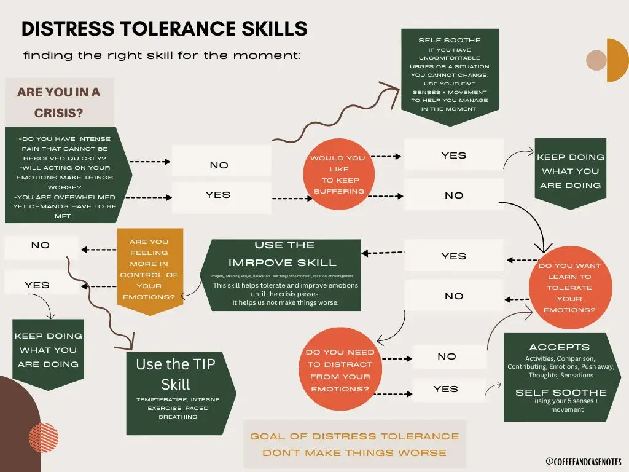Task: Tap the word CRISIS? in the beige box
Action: [x=58, y=114]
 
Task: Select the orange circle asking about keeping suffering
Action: [x=338, y=175]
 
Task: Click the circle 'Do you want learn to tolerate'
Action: [x=570, y=288]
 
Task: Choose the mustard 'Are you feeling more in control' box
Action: [x=150, y=269]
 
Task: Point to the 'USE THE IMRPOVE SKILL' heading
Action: [x=285, y=254]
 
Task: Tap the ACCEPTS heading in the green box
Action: [x=559, y=347]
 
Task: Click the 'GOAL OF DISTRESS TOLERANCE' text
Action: [x=354, y=436]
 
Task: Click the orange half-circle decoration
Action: [x=617, y=60]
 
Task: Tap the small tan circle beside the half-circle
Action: [x=596, y=60]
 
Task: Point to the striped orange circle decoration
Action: [x=43, y=438]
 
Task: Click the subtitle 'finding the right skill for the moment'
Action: [x=162, y=56]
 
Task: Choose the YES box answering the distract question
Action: [x=446, y=389]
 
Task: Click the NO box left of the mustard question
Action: [x=41, y=246]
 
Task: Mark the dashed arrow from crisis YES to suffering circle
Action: [x=289, y=199]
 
